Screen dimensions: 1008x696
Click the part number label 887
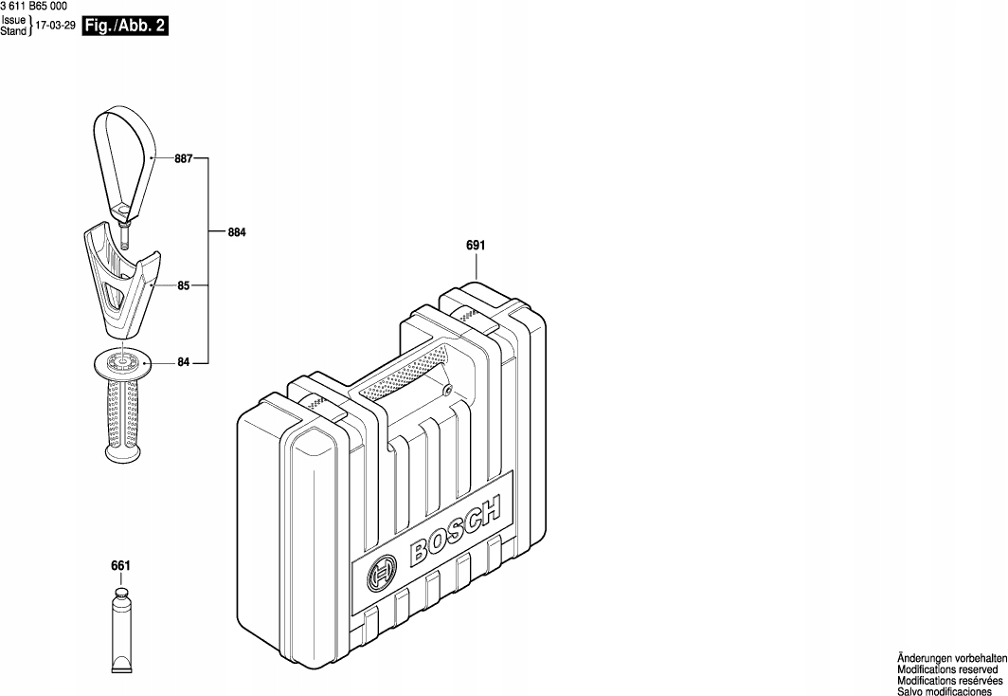183,158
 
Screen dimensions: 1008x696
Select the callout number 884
237,232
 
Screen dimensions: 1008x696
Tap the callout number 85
184,285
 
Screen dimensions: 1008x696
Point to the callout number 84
184,363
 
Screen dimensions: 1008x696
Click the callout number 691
476,245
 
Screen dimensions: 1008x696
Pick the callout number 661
121,566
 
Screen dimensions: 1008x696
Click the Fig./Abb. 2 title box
125,27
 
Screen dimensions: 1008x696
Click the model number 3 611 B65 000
33,7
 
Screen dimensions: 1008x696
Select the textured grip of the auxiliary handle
121,415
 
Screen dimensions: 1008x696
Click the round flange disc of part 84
121,364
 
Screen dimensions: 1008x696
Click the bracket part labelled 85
121,283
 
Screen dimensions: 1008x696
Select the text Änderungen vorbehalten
952,659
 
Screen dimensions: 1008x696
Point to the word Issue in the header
13,20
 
